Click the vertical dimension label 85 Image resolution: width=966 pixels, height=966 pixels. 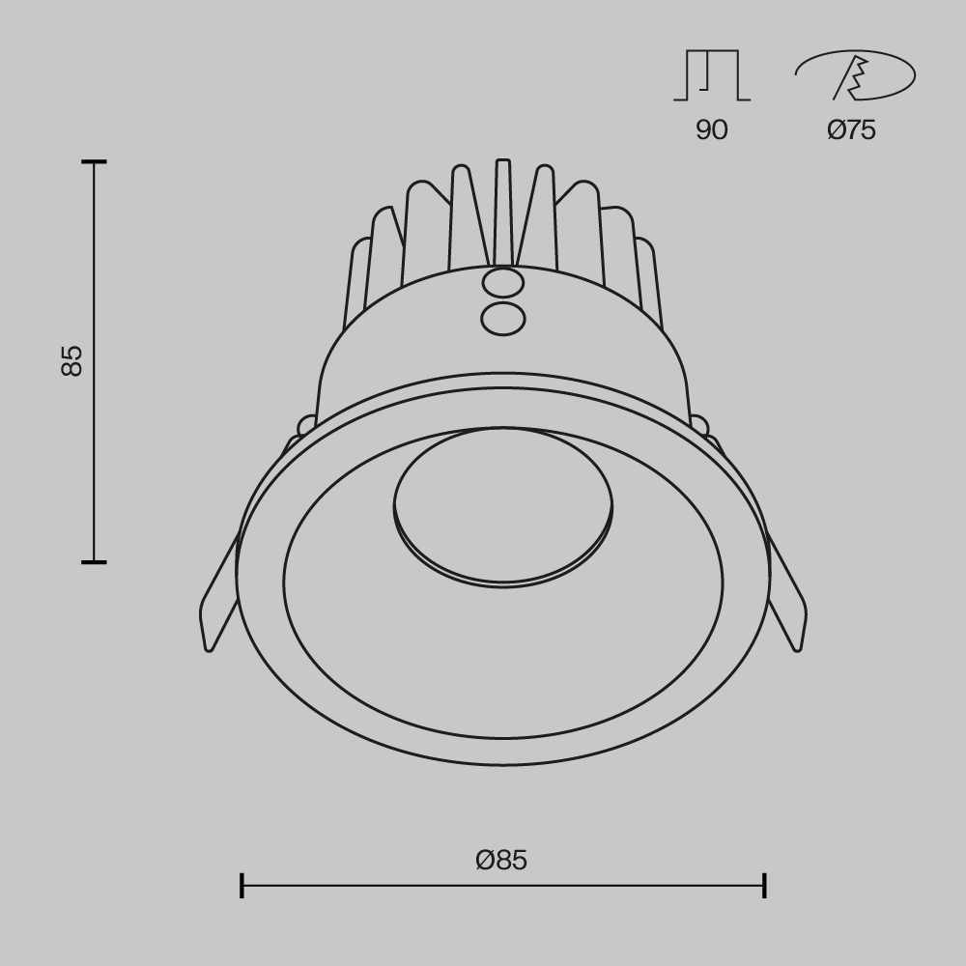pyautogui.click(x=72, y=360)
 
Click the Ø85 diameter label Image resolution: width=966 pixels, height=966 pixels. pyautogui.click(x=501, y=860)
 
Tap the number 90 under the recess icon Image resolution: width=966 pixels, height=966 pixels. pyautogui.click(x=711, y=130)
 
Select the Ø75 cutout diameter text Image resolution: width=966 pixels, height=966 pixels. pyautogui.click(x=851, y=130)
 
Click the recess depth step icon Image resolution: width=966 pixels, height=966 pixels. pyautogui.click(x=712, y=75)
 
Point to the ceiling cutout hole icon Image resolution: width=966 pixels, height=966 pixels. pyautogui.click(x=855, y=75)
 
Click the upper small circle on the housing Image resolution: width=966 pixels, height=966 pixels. pyautogui.click(x=502, y=283)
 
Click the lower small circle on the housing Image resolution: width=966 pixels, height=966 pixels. pyautogui.click(x=502, y=318)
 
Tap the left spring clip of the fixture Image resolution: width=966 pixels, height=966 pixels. pyautogui.click(x=218, y=599)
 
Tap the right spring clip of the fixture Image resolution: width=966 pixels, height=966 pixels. pyautogui.click(x=786, y=599)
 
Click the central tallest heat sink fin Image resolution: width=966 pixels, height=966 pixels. pyautogui.click(x=502, y=213)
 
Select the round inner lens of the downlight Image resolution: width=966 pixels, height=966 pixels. pyautogui.click(x=502, y=505)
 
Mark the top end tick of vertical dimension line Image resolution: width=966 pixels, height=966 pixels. pyautogui.click(x=94, y=162)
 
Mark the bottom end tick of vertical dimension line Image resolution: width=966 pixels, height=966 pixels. pyautogui.click(x=94, y=561)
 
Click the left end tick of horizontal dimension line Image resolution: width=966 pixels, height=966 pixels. pyautogui.click(x=241, y=885)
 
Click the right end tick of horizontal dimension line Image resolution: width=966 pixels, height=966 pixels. pyautogui.click(x=764, y=885)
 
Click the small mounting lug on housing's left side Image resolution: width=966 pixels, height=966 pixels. pyautogui.click(x=306, y=425)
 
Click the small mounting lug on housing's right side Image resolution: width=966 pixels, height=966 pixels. pyautogui.click(x=698, y=425)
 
